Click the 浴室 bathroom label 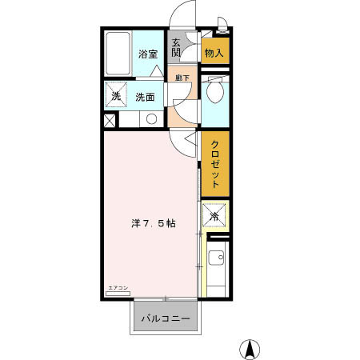tap(147, 54)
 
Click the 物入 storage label tap(214, 54)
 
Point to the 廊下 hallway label tap(182, 78)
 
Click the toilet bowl tap(214, 93)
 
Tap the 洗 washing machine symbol tap(115, 97)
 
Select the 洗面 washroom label tap(145, 98)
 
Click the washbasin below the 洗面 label tap(150, 119)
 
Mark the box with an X tap(110, 121)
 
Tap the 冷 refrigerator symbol tap(214, 217)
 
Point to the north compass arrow tap(251, 348)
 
